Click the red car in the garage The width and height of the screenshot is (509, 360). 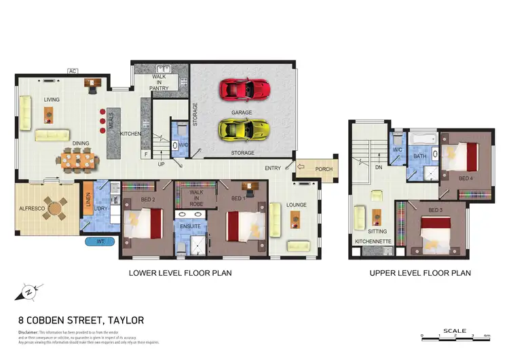pos(245,88)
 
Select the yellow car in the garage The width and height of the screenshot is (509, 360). pos(244,128)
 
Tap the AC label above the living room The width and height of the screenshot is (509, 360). pos(72,70)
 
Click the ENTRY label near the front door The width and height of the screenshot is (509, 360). pos(274,168)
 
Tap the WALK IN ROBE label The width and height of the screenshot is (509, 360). pos(196,197)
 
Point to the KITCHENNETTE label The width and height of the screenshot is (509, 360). pos(371,241)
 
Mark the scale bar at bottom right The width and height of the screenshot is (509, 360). pos(454,336)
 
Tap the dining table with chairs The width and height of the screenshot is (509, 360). pos(78,160)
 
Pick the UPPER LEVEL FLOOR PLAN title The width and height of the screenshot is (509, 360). pos(419,273)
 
